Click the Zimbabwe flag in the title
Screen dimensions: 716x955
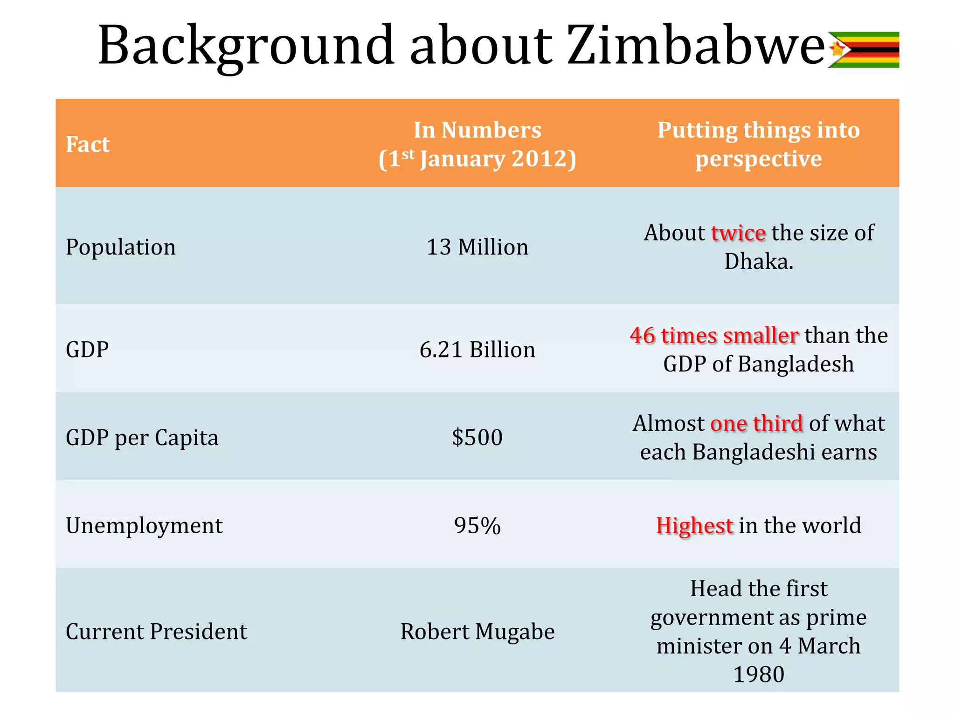pos(864,49)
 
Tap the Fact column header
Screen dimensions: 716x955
pos(88,144)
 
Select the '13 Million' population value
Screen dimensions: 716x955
pos(477,247)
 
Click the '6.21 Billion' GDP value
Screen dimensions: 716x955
pos(477,350)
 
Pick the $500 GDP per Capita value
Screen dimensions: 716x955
pos(477,437)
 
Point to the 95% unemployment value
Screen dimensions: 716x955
pos(477,525)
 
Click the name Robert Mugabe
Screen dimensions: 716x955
pos(477,632)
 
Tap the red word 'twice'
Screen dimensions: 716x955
pos(738,233)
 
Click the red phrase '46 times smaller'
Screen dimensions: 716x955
pos(714,335)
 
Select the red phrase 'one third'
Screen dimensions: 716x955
pos(756,423)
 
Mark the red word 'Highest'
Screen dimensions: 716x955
pos(694,525)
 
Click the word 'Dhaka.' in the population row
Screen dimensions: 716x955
pos(759,261)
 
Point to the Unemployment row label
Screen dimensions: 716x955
pos(144,525)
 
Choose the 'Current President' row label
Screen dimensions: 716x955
pos(156,632)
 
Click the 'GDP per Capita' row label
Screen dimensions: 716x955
pos(142,437)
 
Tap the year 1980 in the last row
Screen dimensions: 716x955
pos(759,674)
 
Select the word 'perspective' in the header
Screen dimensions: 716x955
pos(759,158)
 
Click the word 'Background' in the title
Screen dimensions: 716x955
pos(246,46)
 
